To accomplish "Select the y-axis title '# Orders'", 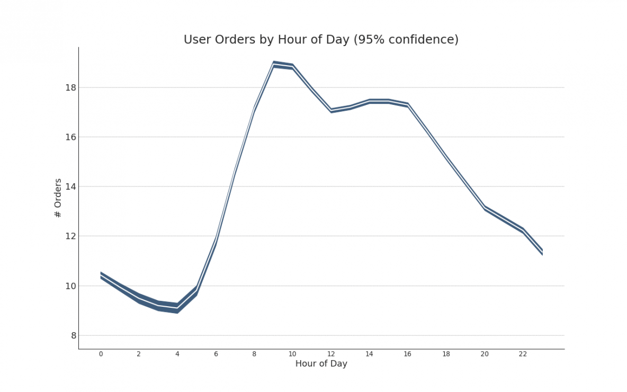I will [58, 198].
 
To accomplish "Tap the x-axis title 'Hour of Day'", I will [321, 364].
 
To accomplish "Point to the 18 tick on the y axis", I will [70, 87].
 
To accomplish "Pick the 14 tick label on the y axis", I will [70, 186].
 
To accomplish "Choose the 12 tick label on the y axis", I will [70, 236].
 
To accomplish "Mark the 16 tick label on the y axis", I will [70, 137].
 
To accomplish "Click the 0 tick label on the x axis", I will [101, 354].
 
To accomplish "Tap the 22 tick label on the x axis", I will [523, 354].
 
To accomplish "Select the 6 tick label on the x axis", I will [216, 354].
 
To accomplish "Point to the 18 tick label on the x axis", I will [446, 354].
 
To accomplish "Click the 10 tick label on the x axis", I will [292, 354].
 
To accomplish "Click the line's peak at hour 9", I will [274, 64].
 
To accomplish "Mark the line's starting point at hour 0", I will [101, 275].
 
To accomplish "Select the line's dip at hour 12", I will [331, 110].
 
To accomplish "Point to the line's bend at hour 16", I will [408, 105].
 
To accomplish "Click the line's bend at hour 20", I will [485, 208].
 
